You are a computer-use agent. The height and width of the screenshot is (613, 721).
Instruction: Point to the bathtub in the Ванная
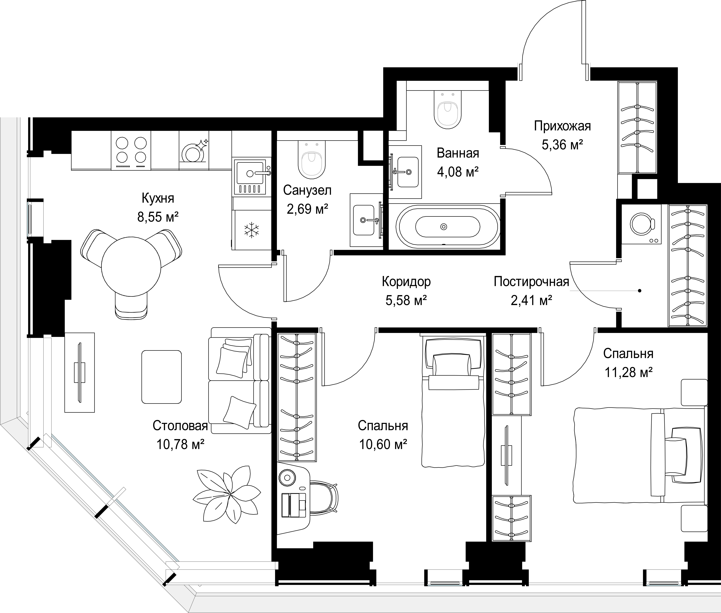(x=444, y=227)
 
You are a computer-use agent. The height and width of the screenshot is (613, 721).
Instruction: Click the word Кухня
(x=158, y=198)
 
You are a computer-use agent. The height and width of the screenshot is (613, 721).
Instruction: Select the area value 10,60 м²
(x=383, y=444)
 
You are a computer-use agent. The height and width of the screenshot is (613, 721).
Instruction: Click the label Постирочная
(x=531, y=281)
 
